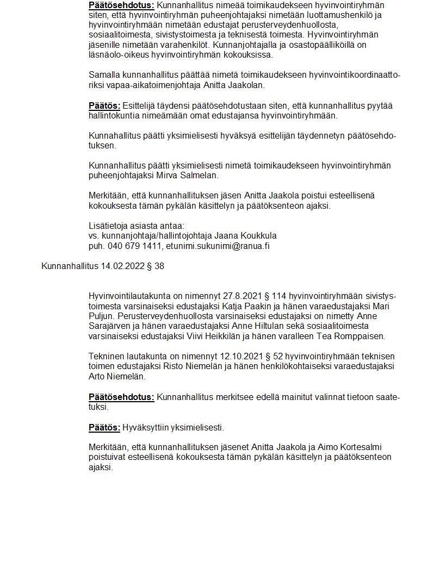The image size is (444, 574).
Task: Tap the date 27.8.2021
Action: tap(240, 296)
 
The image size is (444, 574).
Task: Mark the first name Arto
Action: tap(98, 376)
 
